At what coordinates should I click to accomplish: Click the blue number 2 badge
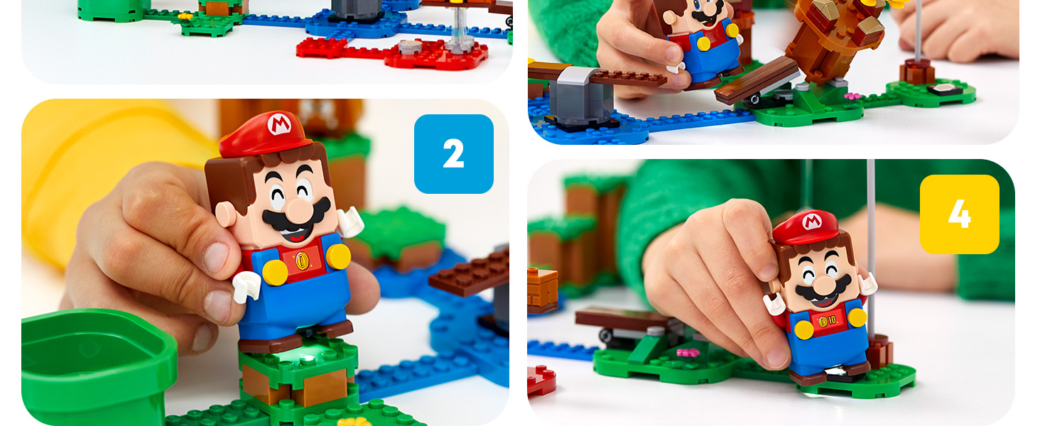point(454,154)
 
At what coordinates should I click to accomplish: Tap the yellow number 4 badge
point(959,214)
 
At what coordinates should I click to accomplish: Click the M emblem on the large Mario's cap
point(279,124)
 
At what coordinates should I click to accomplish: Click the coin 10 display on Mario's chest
point(828,320)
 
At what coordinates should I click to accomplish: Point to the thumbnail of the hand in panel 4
point(778,358)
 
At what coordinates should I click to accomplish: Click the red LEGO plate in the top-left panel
point(392,53)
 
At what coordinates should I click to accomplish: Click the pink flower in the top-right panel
point(852,96)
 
